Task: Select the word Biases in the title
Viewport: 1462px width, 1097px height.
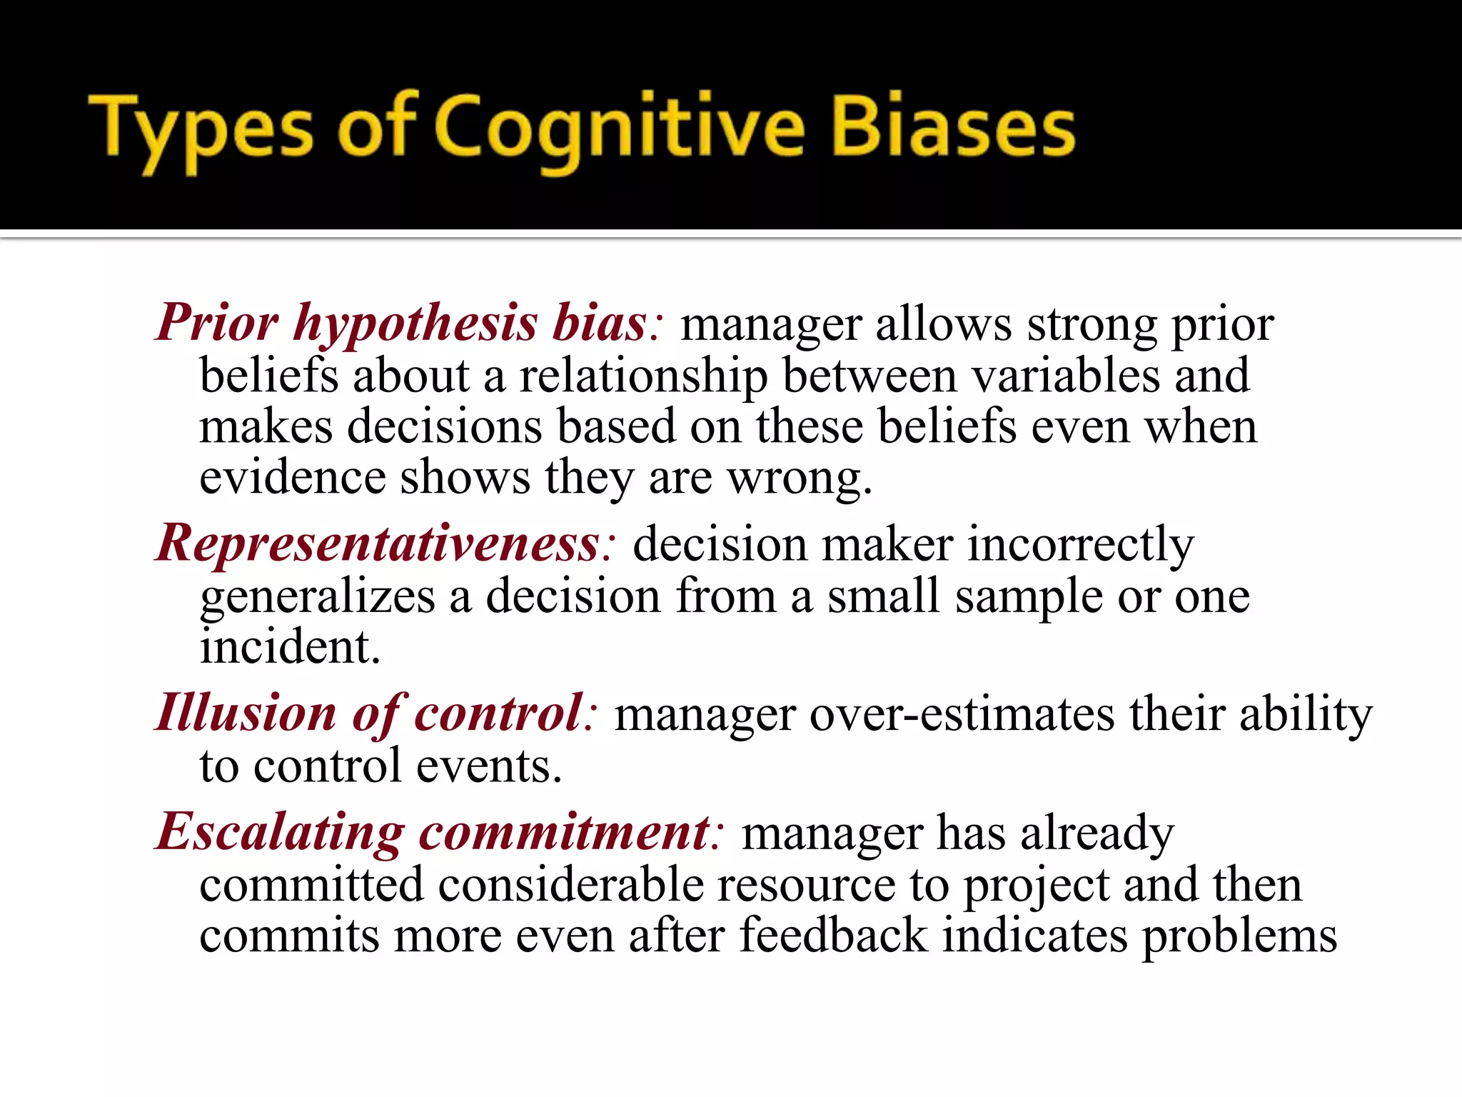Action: [954, 129]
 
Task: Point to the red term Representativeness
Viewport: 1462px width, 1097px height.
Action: [378, 544]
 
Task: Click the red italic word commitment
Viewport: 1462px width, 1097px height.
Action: [564, 833]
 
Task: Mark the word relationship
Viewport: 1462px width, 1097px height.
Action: [643, 377]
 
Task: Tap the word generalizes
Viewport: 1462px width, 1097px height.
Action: [317, 597]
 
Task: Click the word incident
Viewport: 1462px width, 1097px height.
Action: [289, 647]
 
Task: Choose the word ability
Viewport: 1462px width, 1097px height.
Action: [1306, 714]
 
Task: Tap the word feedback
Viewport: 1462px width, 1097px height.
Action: [832, 936]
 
